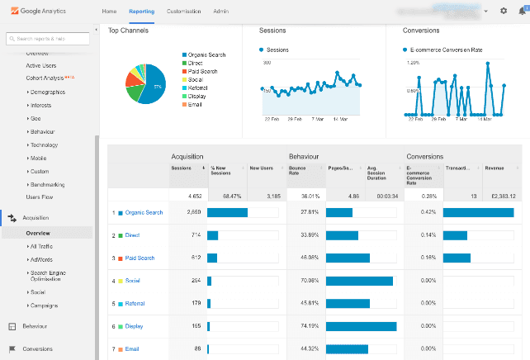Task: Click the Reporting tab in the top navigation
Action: [142, 12]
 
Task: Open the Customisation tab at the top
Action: [183, 12]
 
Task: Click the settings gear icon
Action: [504, 12]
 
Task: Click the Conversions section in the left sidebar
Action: [37, 348]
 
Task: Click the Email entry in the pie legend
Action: [196, 105]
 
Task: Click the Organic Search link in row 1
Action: [144, 212]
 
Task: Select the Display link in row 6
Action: [134, 326]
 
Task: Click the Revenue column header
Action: [495, 168]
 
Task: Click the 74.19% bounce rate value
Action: [310, 326]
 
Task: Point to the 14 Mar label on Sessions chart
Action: [340, 119]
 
